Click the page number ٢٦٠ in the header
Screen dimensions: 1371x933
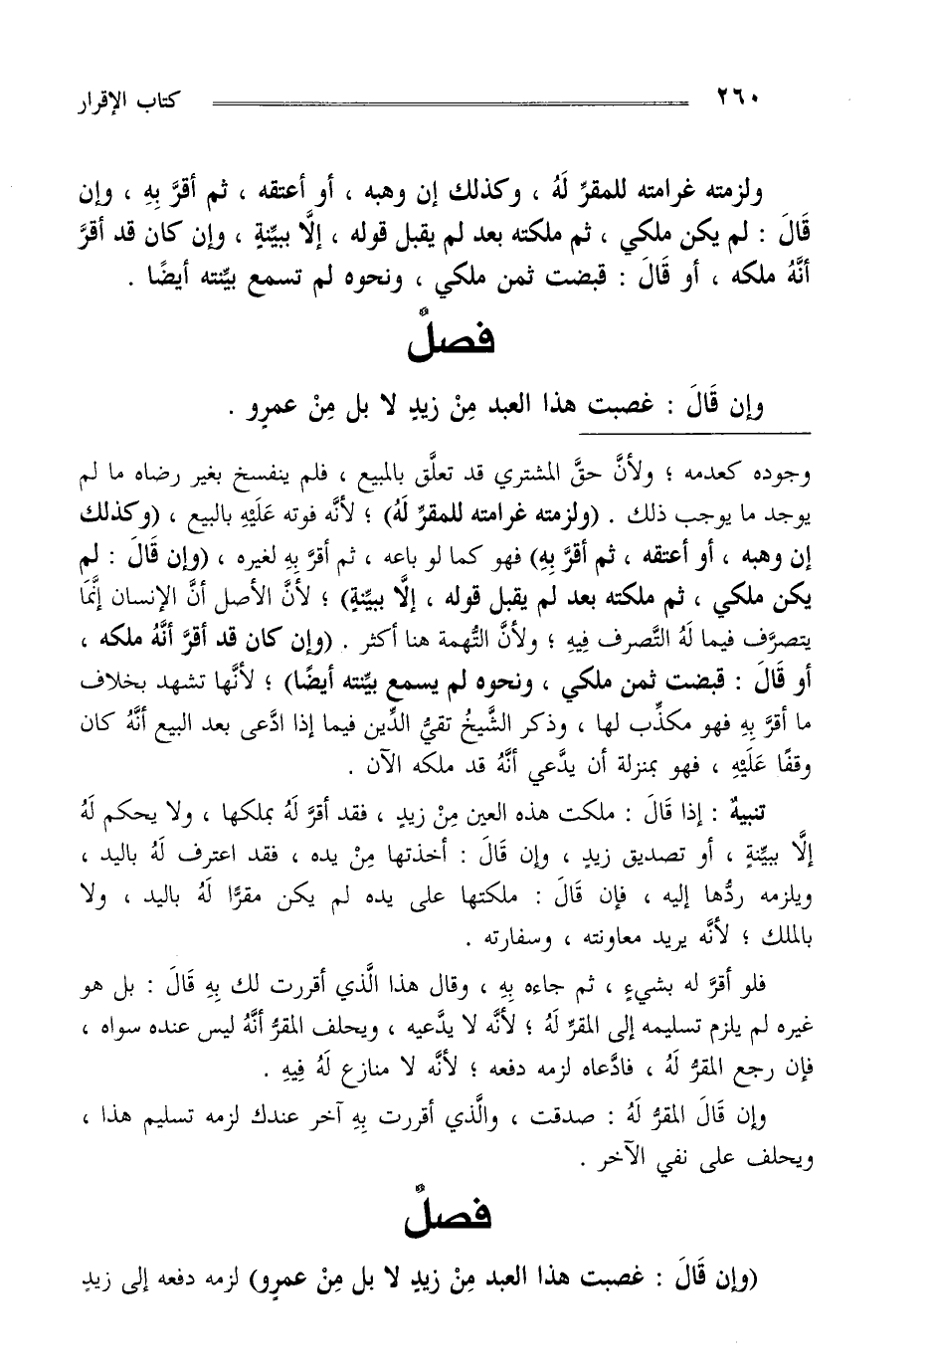737,100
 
